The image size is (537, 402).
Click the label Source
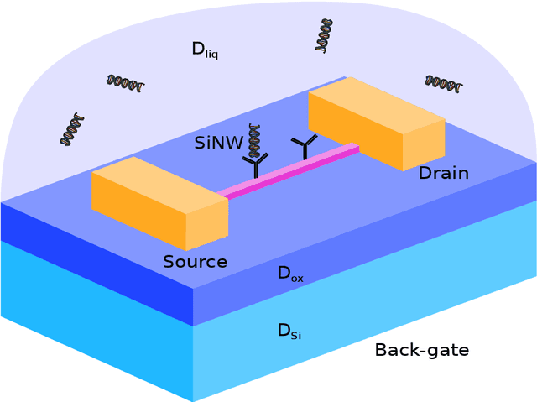click(x=195, y=262)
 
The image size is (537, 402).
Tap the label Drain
click(x=443, y=174)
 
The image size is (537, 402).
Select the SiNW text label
click(x=219, y=143)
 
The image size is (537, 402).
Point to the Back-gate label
click(x=421, y=350)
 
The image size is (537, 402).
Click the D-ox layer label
click(x=289, y=274)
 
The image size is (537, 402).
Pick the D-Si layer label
click(x=289, y=332)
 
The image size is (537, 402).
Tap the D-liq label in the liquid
click(x=205, y=50)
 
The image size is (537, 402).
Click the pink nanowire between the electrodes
click(x=289, y=172)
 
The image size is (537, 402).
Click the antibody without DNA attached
click(x=303, y=148)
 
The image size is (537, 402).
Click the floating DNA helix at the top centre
click(x=322, y=36)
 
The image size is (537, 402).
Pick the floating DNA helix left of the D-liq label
click(x=126, y=82)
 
